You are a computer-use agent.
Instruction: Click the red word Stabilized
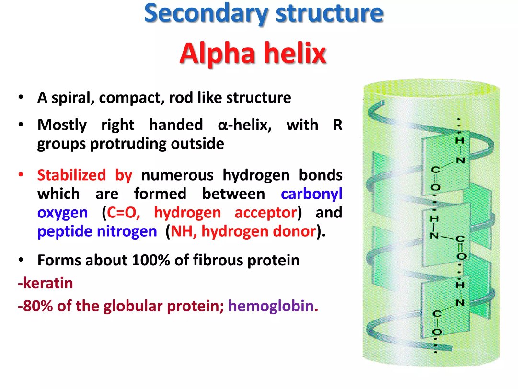(71, 175)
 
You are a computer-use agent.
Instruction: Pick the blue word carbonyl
(311, 194)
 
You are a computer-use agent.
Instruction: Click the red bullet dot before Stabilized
(21, 174)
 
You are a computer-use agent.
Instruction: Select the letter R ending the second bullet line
(338, 125)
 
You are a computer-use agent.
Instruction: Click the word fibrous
(218, 260)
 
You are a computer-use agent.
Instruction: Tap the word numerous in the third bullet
(177, 175)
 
